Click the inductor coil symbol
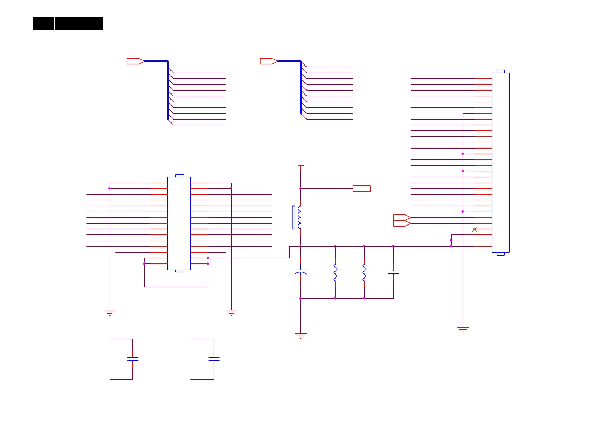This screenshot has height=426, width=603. tap(299, 217)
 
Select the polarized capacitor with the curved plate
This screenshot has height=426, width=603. tap(301, 272)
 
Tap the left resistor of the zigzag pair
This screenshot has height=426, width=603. tap(336, 272)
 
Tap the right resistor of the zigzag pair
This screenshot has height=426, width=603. tap(365, 272)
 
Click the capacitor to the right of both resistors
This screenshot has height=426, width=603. tap(394, 272)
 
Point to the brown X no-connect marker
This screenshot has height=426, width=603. tap(474, 229)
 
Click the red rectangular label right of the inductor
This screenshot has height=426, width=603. tap(362, 189)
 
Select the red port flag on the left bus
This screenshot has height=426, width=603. tap(135, 61)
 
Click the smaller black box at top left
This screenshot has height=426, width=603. tap(43, 24)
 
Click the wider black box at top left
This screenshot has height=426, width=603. tap(79, 24)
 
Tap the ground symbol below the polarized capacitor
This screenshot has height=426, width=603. tap(301, 336)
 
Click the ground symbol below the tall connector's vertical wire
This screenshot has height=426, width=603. tap(463, 330)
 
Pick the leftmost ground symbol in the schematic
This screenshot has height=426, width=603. tap(110, 313)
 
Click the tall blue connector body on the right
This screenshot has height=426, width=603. tap(501, 163)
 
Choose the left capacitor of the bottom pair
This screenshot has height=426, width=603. tap(133, 359)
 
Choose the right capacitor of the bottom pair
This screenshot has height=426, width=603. tap(214, 359)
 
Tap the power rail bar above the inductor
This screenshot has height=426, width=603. tap(301, 166)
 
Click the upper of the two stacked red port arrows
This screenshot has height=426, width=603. tap(402, 218)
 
